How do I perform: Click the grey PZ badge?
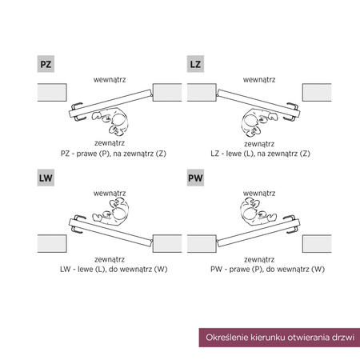point(46,64)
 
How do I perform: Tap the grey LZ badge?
point(195,64)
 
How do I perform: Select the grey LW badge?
point(46,178)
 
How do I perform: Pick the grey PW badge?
point(195,178)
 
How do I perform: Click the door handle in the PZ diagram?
point(78,112)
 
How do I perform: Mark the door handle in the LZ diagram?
point(291,112)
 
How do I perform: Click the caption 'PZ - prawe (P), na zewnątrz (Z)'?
point(114,154)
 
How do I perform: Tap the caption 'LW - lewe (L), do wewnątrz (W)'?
point(114,269)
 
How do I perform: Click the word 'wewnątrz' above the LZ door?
point(259,80)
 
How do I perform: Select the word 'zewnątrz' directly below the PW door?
point(259,259)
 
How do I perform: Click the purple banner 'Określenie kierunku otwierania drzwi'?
point(279,338)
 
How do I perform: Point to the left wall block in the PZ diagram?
point(52,92)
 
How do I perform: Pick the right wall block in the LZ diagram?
point(317,92)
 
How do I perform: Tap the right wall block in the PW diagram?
point(317,243)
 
